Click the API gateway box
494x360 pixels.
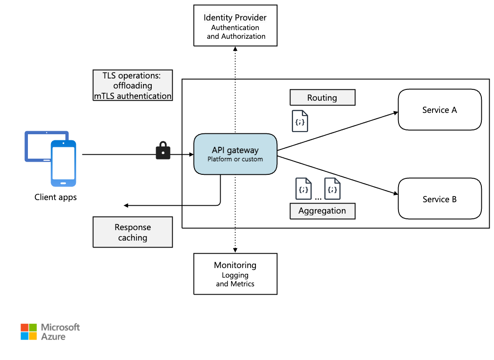(x=235, y=155)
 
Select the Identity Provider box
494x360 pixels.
(x=235, y=25)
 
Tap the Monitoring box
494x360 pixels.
(x=235, y=274)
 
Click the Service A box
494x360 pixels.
(x=439, y=110)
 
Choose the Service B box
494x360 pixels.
(x=439, y=199)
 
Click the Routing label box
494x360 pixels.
(x=322, y=98)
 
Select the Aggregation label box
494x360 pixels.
(x=322, y=211)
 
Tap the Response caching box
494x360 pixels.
(x=133, y=232)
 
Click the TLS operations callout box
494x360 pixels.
(x=133, y=85)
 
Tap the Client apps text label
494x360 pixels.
(x=55, y=197)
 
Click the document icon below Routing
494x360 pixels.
(x=300, y=121)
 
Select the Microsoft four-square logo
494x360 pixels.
(x=29, y=332)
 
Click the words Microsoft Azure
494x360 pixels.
(x=60, y=332)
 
